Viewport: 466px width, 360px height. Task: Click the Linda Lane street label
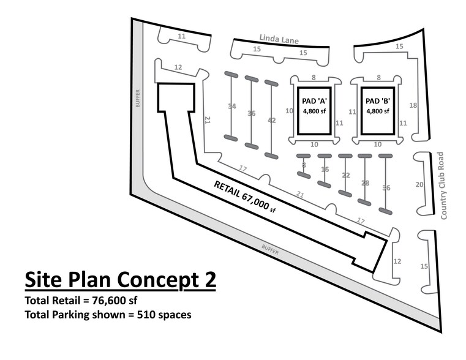coord(279,39)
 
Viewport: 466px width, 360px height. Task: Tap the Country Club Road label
coord(442,186)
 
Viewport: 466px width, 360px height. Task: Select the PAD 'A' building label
coord(314,101)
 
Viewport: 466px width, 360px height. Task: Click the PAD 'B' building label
coord(377,101)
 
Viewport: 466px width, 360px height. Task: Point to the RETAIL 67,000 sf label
coord(245,197)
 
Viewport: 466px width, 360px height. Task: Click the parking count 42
coord(272,120)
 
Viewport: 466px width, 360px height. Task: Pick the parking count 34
coord(232,106)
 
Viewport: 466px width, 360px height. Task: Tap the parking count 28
coord(365,183)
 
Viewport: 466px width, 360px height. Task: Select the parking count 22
coord(345,175)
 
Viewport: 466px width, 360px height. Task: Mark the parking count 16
coord(325,170)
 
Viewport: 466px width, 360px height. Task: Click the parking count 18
coord(413,105)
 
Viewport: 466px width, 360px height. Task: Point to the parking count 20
coord(419,184)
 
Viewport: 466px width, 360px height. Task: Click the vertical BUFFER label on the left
coord(138,99)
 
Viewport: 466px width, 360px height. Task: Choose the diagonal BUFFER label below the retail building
coord(270,250)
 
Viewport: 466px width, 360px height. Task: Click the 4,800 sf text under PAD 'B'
coord(377,111)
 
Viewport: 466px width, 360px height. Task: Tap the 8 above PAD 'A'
coord(314,78)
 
